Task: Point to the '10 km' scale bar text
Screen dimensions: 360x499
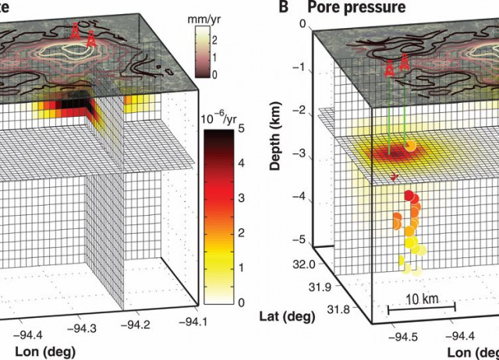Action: coord(422,298)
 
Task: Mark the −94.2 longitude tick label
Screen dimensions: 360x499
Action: coord(139,323)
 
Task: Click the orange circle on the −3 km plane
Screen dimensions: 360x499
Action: coord(410,145)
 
